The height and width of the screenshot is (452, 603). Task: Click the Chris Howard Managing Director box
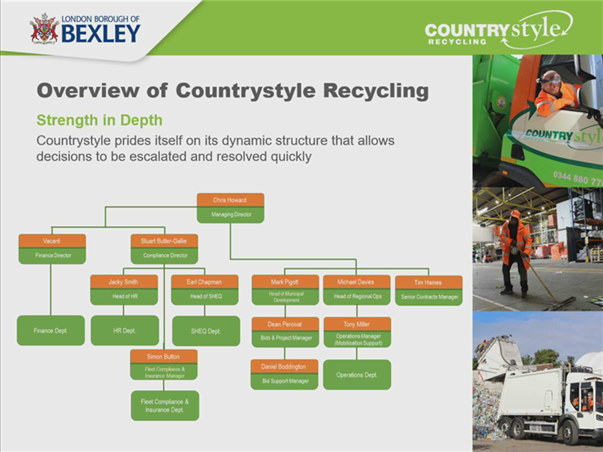(x=231, y=208)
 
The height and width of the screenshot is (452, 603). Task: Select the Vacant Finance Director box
(x=52, y=249)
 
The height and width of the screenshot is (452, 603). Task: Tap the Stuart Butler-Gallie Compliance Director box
(x=164, y=249)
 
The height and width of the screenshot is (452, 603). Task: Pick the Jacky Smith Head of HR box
(x=124, y=290)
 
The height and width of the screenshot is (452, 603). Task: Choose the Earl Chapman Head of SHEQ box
(x=205, y=290)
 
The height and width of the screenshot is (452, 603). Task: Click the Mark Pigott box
(x=286, y=290)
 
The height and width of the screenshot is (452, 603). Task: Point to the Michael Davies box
(x=357, y=290)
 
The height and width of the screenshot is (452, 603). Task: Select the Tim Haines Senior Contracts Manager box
(x=429, y=290)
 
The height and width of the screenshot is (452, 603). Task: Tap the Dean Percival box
(x=286, y=332)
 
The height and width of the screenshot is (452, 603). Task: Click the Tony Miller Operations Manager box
(x=357, y=332)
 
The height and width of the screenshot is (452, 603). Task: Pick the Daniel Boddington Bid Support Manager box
(x=284, y=374)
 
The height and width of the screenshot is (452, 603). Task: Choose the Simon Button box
(x=164, y=364)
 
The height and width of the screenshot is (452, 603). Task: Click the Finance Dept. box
(x=51, y=330)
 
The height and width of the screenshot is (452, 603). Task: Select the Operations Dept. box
(x=357, y=375)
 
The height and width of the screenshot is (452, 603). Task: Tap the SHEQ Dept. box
(x=206, y=331)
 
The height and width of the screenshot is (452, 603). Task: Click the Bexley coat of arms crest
(x=44, y=29)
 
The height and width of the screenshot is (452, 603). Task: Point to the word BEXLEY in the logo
(x=101, y=34)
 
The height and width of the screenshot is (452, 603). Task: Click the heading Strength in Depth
(x=99, y=120)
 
